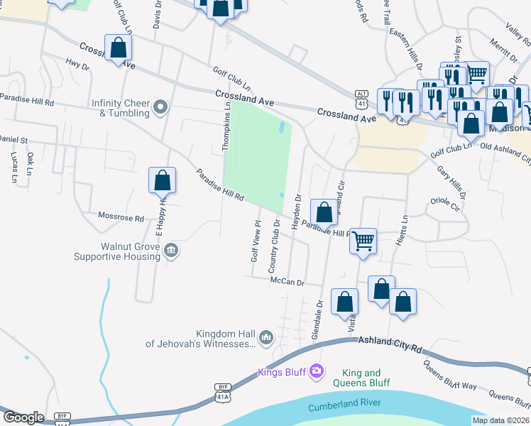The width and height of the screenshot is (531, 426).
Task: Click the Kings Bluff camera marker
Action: coord(316,370)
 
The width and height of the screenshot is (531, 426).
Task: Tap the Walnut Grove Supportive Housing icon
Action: coord(170,251)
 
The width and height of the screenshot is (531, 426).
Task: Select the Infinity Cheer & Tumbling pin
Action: coord(161,108)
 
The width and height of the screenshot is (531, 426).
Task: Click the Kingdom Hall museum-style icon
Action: coord(266,337)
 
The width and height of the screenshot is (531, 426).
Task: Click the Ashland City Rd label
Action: coord(391,346)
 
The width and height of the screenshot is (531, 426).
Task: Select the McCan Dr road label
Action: coord(287,282)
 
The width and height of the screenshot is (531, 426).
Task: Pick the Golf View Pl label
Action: coord(253,241)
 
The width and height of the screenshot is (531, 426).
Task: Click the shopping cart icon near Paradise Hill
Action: coord(363,242)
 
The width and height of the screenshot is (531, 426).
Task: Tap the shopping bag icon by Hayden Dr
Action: coord(324,212)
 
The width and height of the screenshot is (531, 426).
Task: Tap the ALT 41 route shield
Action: coord(362,97)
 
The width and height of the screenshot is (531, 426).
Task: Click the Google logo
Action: coord(23,418)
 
